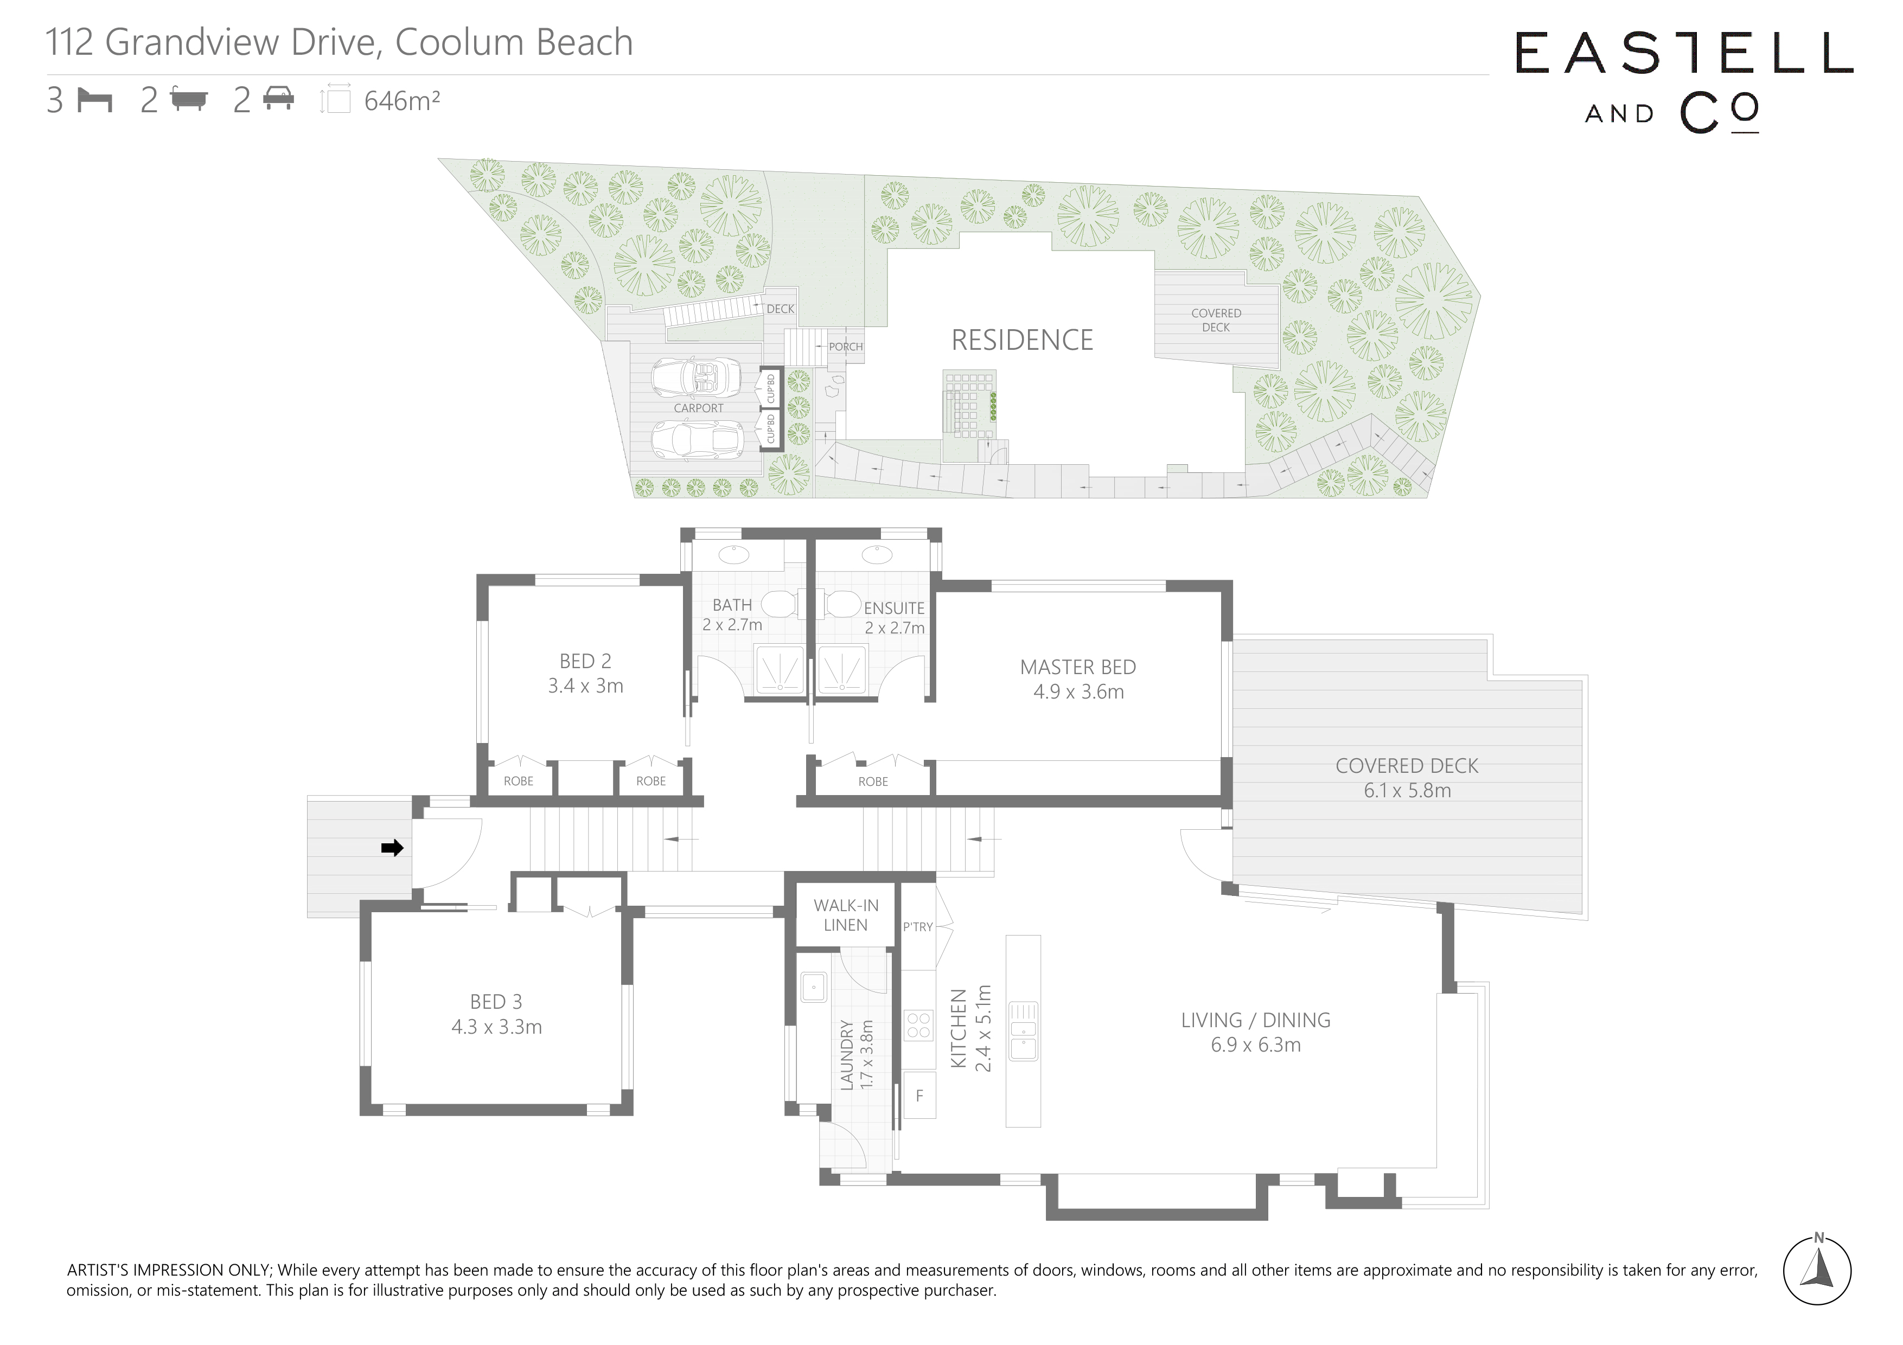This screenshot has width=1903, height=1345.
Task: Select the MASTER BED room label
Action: click(1077, 667)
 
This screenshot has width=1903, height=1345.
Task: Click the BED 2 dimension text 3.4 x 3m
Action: click(585, 686)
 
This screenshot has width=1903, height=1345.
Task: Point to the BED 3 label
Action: click(496, 1002)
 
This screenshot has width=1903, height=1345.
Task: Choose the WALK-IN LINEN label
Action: click(845, 915)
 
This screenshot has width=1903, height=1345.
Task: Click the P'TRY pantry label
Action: click(917, 926)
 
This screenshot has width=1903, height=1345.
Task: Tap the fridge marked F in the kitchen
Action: click(919, 1096)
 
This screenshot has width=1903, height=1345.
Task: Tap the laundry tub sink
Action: click(814, 987)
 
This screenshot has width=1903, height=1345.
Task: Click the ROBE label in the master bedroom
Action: click(873, 782)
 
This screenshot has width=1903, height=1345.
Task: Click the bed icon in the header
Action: click(94, 100)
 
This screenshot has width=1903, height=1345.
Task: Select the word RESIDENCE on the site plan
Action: click(1022, 340)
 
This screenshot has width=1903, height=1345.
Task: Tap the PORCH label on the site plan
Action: click(845, 347)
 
